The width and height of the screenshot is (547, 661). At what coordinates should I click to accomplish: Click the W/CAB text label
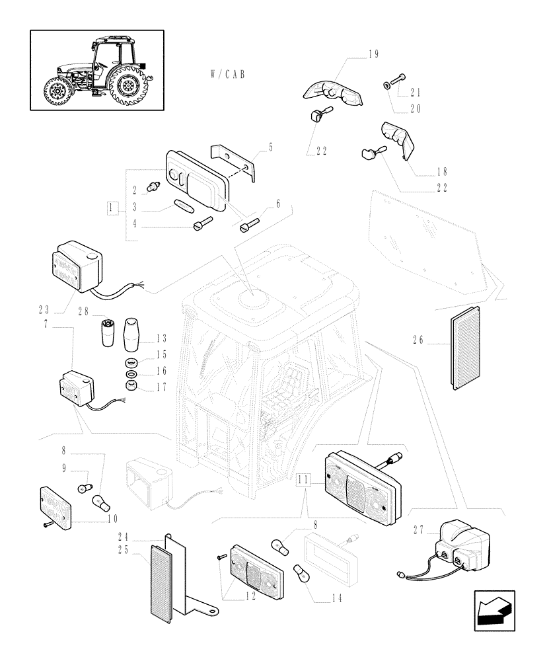[225, 75]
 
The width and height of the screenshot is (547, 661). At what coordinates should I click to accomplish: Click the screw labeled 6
[248, 227]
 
